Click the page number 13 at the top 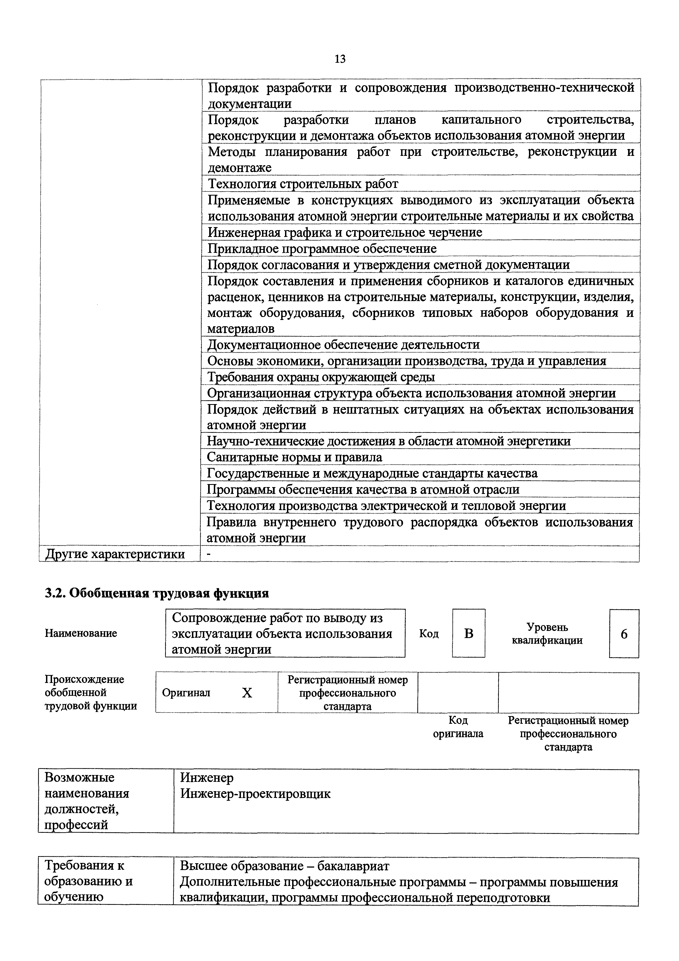340,59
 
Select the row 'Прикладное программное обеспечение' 322,249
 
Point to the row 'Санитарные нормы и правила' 295,457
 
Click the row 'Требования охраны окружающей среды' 321,377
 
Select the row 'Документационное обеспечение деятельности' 343,345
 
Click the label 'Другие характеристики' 115,554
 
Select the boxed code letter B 468,634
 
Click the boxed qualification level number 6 624,634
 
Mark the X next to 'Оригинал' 247,693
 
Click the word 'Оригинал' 186,693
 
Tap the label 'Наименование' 81,633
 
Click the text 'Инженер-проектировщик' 255,794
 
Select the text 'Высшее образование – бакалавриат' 284,866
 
